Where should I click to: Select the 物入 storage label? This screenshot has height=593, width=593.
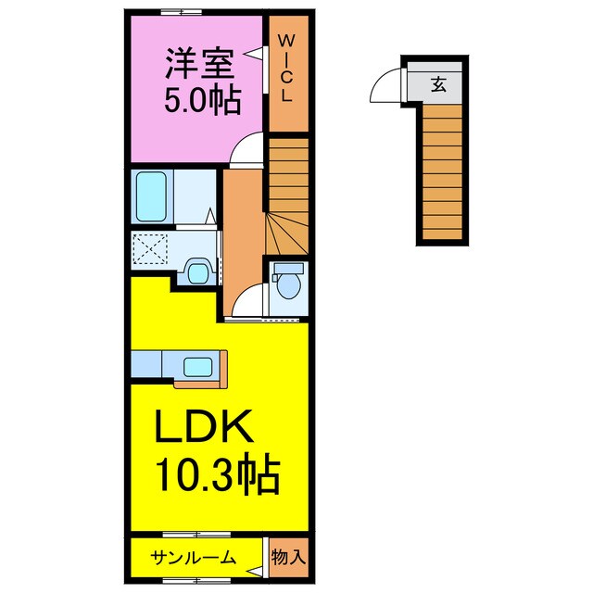click(288, 558)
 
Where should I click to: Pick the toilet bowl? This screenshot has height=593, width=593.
click(288, 281)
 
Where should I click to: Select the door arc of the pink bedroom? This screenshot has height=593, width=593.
click(245, 148)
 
